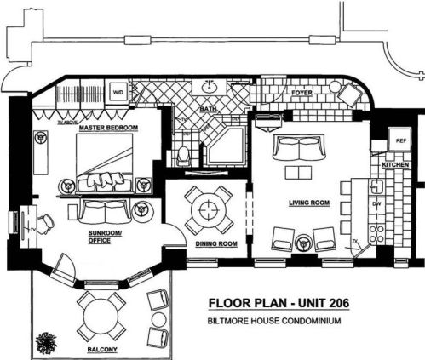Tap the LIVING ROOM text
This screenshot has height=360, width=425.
(x=309, y=203)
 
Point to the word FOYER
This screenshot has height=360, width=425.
(x=302, y=94)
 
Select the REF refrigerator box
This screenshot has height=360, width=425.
(x=400, y=140)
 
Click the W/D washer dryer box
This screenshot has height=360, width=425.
(x=117, y=92)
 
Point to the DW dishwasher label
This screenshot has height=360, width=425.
(x=376, y=205)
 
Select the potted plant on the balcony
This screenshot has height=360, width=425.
(x=44, y=341)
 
